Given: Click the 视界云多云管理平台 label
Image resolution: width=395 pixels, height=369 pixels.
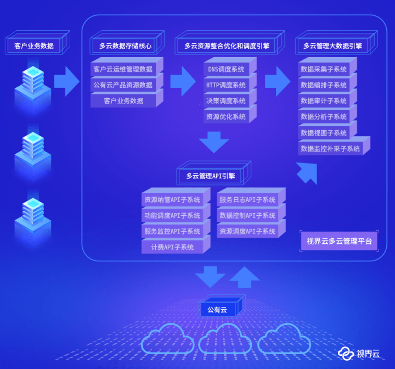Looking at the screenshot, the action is click(x=339, y=241).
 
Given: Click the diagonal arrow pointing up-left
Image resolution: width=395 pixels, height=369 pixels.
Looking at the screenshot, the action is click(x=307, y=173).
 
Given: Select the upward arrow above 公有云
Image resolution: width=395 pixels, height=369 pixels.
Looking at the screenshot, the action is click(x=244, y=277).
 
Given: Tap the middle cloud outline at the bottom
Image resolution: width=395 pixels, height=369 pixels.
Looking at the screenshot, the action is click(x=225, y=339).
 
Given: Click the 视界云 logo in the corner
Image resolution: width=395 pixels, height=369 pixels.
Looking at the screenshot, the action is click(x=358, y=354).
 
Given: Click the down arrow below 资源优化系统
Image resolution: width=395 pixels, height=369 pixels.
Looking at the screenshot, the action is click(x=214, y=142).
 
